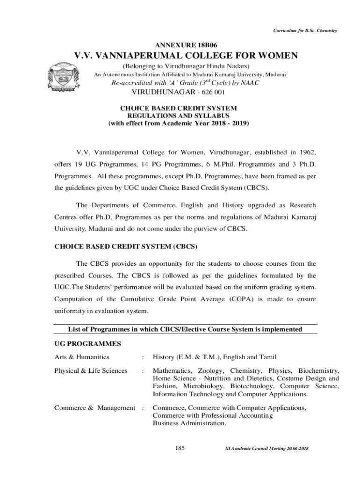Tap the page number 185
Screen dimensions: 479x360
180,449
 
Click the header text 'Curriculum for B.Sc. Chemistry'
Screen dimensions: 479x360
305,31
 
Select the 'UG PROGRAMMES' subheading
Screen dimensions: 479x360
88,344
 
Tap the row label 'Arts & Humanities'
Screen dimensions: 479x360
82,357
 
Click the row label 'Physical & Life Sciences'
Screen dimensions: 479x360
91,370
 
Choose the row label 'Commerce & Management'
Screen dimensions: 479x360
94,408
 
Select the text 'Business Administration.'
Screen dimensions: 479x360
189,423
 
